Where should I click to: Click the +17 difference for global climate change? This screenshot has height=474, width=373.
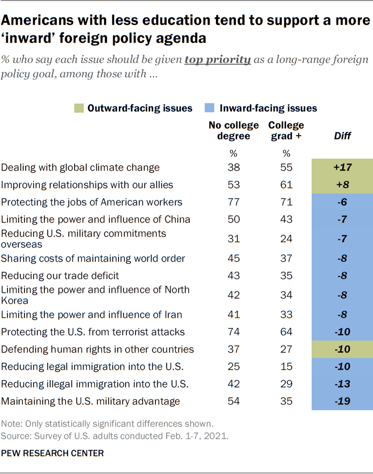(342, 167)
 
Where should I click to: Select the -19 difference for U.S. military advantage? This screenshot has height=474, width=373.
(342, 401)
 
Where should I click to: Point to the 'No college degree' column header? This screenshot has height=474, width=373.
(234, 130)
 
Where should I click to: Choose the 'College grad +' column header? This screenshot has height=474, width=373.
(286, 130)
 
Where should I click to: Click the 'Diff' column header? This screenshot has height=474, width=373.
(342, 136)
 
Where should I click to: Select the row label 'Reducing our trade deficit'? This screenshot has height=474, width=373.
(60, 276)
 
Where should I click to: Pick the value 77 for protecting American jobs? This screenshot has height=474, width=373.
(234, 202)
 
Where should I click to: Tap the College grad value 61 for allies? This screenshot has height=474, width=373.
(286, 185)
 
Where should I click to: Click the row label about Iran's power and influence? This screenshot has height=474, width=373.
(91, 315)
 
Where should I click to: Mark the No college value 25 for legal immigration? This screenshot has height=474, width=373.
(234, 367)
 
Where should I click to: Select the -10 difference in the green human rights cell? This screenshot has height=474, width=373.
(342, 349)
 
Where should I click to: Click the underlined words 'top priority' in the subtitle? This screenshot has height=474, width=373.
(218, 59)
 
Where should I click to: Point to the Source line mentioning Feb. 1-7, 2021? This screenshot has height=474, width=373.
(115, 436)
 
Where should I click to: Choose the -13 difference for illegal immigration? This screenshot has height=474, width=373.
(342, 384)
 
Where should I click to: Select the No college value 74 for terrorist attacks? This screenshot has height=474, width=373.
(234, 332)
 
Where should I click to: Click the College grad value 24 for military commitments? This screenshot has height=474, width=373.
(286, 239)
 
